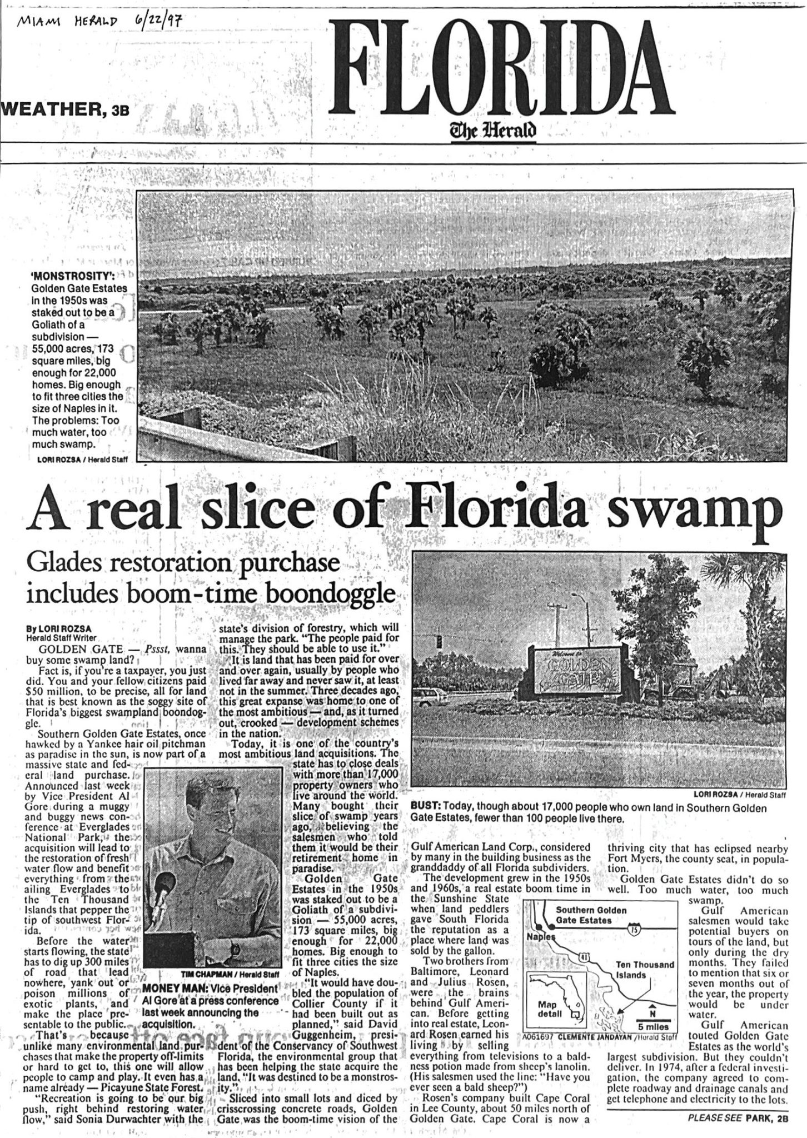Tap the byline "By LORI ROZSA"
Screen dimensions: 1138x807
pos(59,628)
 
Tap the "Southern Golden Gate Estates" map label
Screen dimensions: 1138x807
pos(591,915)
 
